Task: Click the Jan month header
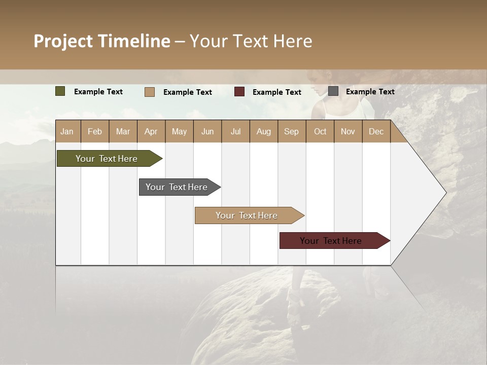[x=67, y=131]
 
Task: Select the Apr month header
[x=151, y=131]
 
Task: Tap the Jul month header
[x=235, y=131]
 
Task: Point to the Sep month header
[x=291, y=131]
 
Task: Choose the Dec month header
[x=376, y=131]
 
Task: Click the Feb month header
[x=95, y=131]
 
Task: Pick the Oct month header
[x=320, y=131]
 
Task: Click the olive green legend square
[x=60, y=91]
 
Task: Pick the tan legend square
[x=150, y=92]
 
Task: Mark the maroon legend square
[x=239, y=92]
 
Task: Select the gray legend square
[x=333, y=91]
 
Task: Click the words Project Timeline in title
[x=101, y=41]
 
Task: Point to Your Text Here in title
[x=251, y=41]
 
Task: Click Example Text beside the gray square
[x=370, y=92]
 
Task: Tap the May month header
[x=179, y=131]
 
